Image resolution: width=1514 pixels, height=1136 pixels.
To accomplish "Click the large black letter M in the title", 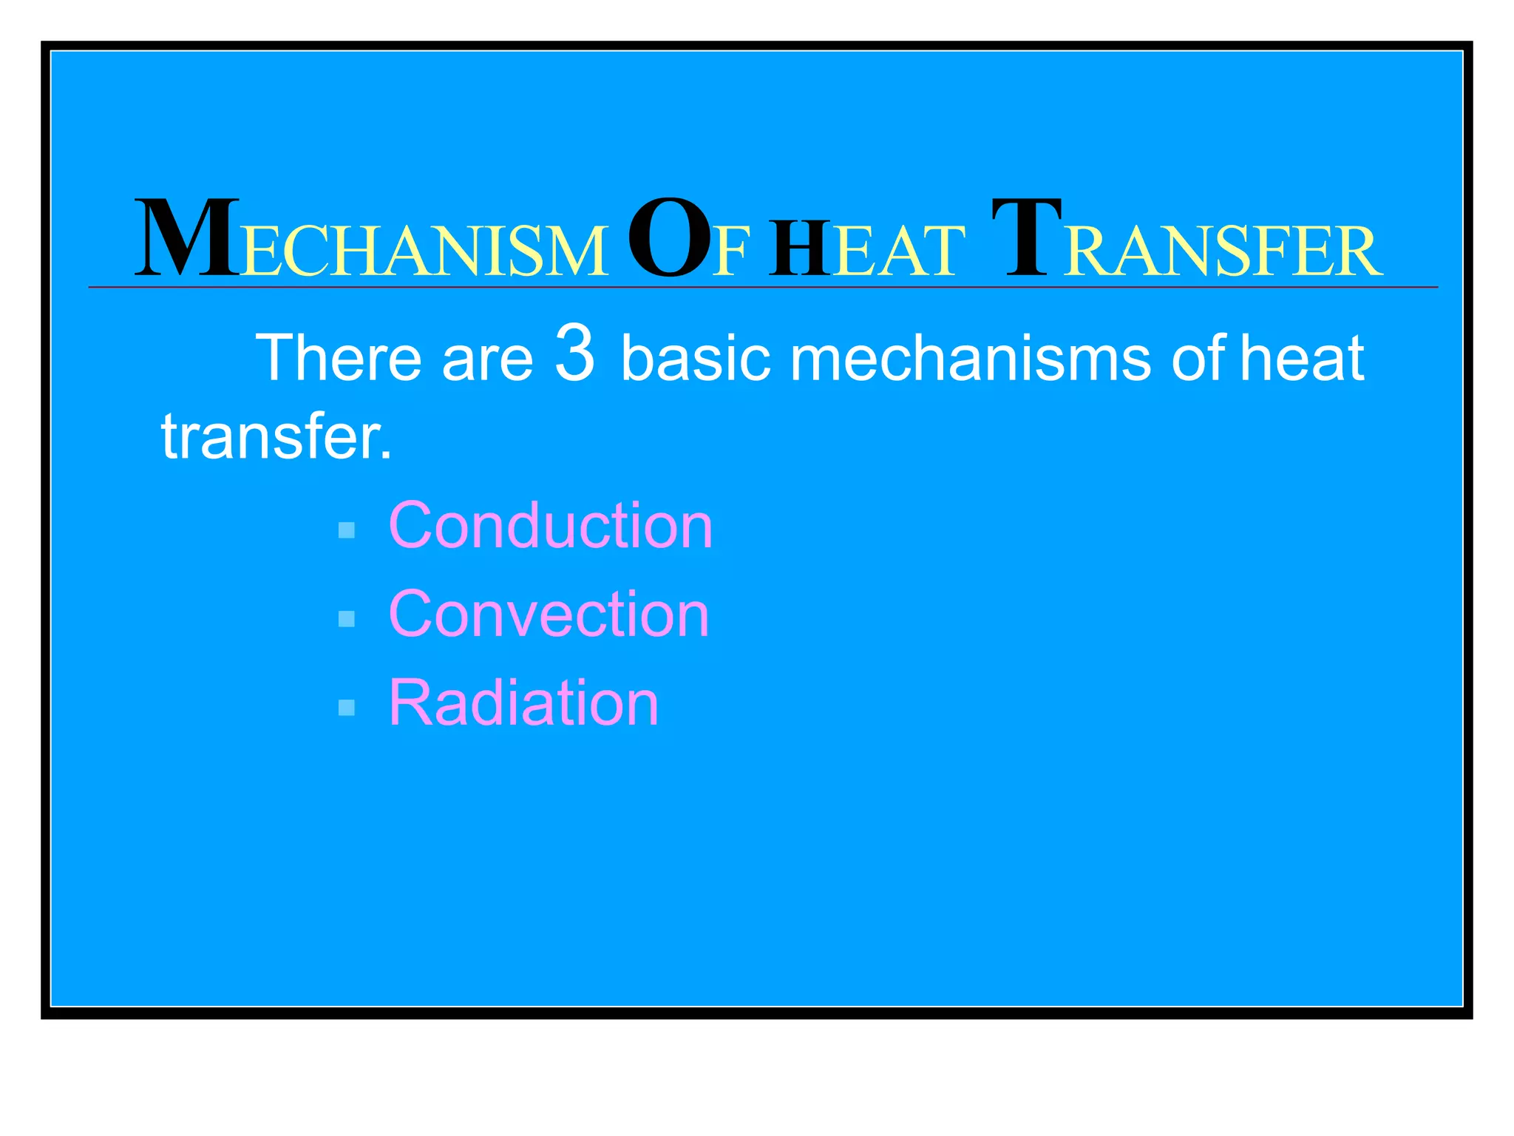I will click(x=186, y=238).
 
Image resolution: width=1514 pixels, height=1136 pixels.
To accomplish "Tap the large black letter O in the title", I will click(x=669, y=238).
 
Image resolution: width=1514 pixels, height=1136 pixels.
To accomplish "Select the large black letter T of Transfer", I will click(x=1026, y=238).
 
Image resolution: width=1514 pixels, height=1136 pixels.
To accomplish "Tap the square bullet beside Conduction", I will click(x=346, y=530).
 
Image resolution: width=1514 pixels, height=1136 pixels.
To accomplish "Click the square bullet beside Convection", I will click(x=346, y=619).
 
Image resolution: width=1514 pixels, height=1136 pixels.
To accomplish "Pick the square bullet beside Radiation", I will click(x=346, y=708).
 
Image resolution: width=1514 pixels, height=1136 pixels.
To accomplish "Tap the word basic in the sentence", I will click(x=696, y=358).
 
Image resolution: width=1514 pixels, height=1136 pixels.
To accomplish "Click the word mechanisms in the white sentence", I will click(x=970, y=358).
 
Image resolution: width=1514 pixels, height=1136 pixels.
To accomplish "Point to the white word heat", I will click(x=1301, y=358).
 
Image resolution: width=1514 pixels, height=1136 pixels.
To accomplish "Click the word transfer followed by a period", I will click(x=276, y=436).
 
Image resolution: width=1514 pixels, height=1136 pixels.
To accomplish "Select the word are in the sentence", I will click(x=487, y=362).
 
